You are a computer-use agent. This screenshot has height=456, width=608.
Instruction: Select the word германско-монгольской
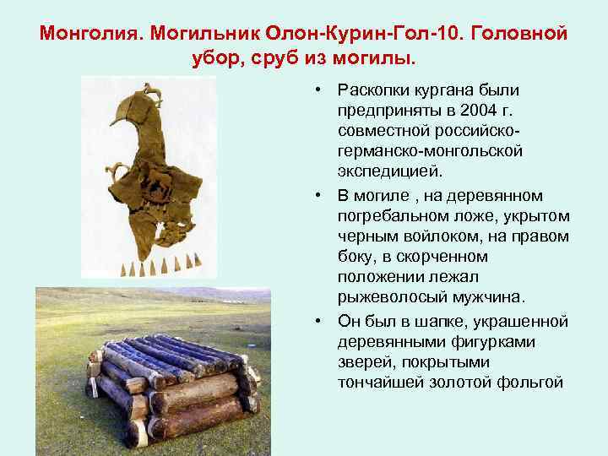[430, 151]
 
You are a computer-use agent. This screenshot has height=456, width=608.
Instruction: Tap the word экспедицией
[388, 171]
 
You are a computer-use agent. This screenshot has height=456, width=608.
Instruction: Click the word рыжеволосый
[386, 297]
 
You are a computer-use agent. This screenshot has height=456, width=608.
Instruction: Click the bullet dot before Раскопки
[312, 90]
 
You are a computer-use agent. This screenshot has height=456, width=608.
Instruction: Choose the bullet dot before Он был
[312, 321]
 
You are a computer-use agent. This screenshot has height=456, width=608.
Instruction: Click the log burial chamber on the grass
[173, 384]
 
